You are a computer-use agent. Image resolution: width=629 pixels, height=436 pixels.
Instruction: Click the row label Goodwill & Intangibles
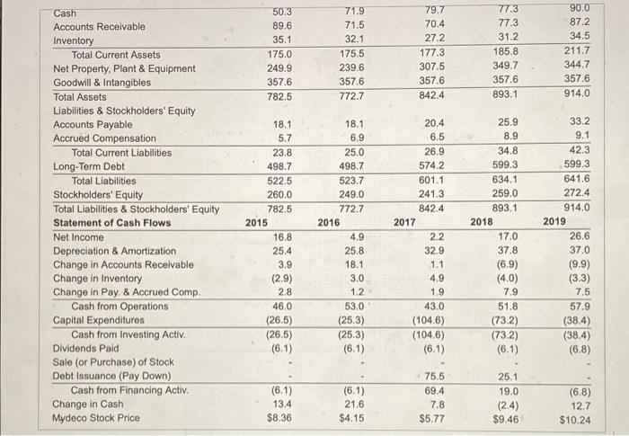point(102,82)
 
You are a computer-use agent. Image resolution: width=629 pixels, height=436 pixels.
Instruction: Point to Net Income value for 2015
point(282,237)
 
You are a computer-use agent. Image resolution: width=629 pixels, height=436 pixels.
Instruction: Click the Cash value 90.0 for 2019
point(580,12)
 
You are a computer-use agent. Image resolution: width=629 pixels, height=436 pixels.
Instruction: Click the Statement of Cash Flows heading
point(112,222)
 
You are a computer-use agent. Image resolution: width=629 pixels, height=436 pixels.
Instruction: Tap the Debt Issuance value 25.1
point(508,376)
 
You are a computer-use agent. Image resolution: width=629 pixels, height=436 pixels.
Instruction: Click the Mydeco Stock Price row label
point(97,417)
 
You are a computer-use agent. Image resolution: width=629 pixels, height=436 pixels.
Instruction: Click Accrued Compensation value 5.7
point(283,138)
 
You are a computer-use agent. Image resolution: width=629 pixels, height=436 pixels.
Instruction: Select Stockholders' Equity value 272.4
point(577,193)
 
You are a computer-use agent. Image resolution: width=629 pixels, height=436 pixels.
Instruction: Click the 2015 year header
point(257,222)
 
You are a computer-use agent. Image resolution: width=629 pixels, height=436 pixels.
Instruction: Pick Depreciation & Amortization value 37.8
point(508,251)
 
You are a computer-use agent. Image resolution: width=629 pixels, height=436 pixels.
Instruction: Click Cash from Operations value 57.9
point(580,306)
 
